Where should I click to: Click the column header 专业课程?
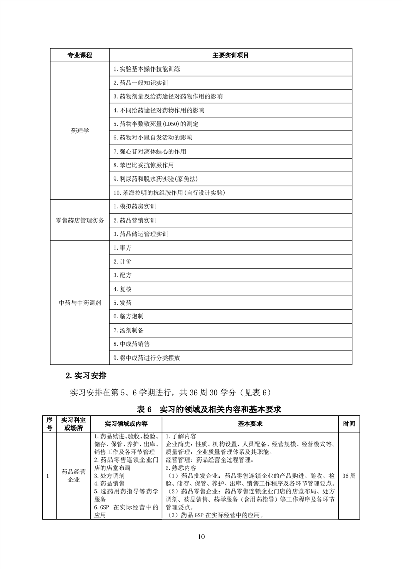click(80, 55)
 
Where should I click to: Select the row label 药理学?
click(80, 131)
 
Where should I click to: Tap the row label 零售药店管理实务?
click(80, 221)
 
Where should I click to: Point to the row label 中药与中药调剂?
click(80, 303)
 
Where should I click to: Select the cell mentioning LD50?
click(156, 124)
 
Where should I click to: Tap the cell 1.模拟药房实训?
click(135, 207)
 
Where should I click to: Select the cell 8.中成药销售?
click(131, 344)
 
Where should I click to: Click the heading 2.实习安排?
click(86, 376)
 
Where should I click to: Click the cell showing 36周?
click(349, 476)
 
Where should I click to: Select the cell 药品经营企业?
click(74, 476)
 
